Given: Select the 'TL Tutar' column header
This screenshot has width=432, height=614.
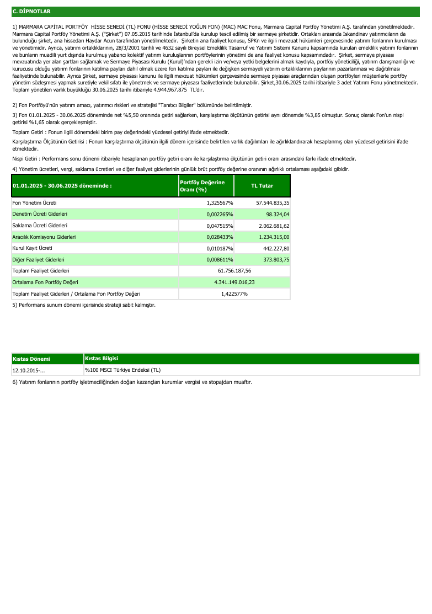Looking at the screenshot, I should (x=262, y=186).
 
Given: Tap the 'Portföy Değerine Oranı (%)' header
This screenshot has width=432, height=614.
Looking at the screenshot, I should (x=202, y=186).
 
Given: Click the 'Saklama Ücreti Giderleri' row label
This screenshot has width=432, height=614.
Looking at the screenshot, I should (x=40, y=226).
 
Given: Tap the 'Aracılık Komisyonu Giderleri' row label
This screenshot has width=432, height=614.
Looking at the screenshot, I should (x=44, y=237).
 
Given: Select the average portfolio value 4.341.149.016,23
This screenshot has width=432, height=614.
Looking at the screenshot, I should (x=234, y=282).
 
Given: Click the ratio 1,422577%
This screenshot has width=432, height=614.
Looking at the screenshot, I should (x=234, y=293).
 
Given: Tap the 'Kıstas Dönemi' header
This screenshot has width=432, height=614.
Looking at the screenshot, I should (x=31, y=359).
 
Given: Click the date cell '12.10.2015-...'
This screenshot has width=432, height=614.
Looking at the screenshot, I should (x=29, y=370).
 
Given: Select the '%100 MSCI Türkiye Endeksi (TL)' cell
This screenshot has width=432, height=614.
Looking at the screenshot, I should (x=122, y=370).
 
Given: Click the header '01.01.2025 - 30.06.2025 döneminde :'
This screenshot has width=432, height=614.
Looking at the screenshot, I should (x=62, y=186).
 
